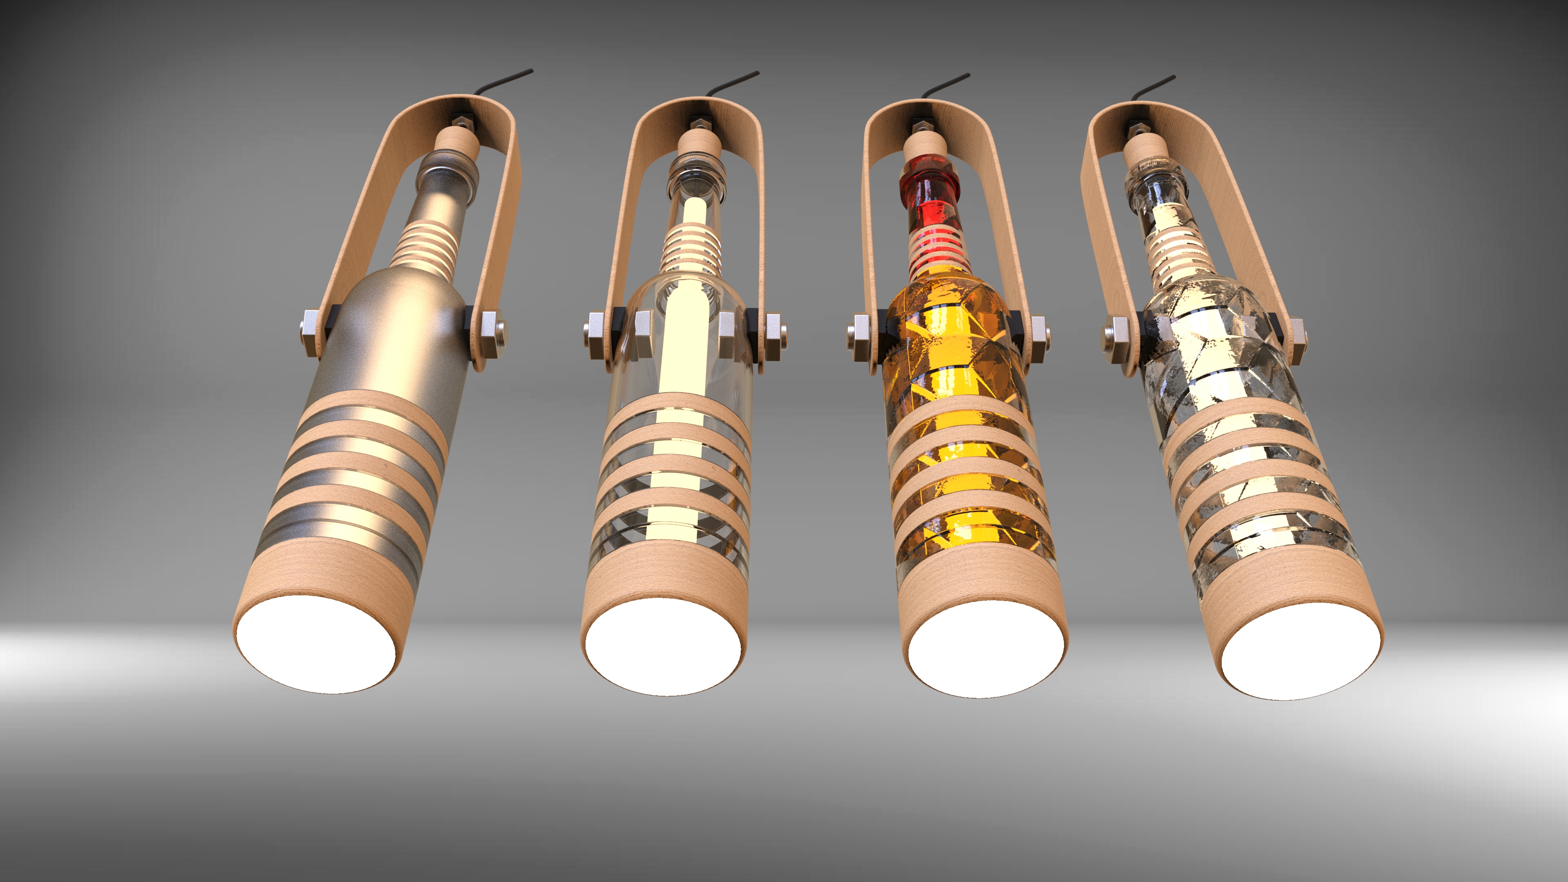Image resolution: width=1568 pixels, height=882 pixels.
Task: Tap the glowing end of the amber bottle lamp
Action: [986, 650]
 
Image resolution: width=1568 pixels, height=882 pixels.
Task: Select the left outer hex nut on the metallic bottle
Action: [310, 334]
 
